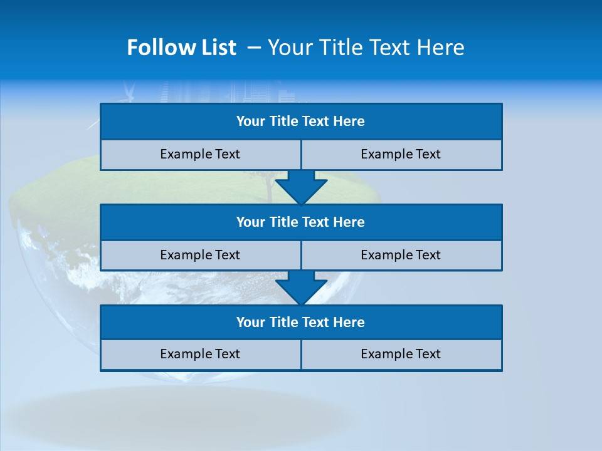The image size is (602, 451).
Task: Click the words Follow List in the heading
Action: coord(181,48)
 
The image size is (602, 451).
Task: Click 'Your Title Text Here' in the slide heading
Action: coord(366,48)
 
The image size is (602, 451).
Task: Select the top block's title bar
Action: coord(301,122)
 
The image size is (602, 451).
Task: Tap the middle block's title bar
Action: coord(301,222)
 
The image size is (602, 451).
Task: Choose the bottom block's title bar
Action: coord(301,323)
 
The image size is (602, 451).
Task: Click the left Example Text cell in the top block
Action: coord(200,154)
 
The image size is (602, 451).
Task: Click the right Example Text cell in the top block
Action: coord(401,154)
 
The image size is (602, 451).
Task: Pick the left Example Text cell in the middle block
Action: coord(200,255)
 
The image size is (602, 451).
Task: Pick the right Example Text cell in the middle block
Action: coord(401,255)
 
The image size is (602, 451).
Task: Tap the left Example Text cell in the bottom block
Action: coord(200,354)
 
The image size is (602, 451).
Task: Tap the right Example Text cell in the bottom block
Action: coord(401,354)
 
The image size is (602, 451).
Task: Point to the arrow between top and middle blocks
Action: coord(301,187)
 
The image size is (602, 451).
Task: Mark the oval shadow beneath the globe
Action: coord(182,413)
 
